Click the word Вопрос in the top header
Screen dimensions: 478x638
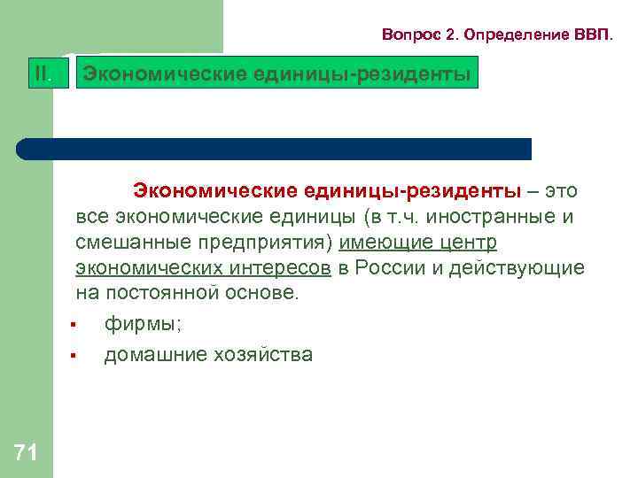408,35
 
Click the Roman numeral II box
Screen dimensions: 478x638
43,73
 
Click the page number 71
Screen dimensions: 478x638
26,453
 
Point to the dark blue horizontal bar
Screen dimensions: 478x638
275,149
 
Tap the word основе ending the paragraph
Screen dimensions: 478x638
264,293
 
